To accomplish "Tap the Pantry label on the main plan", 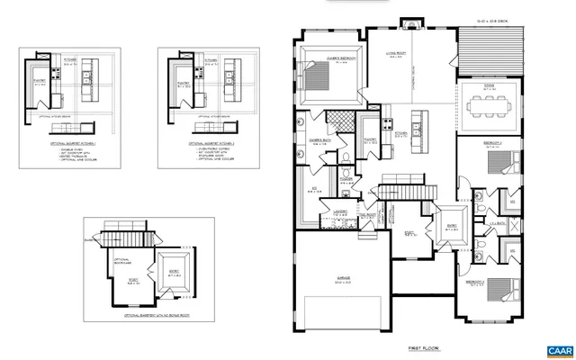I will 369,140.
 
